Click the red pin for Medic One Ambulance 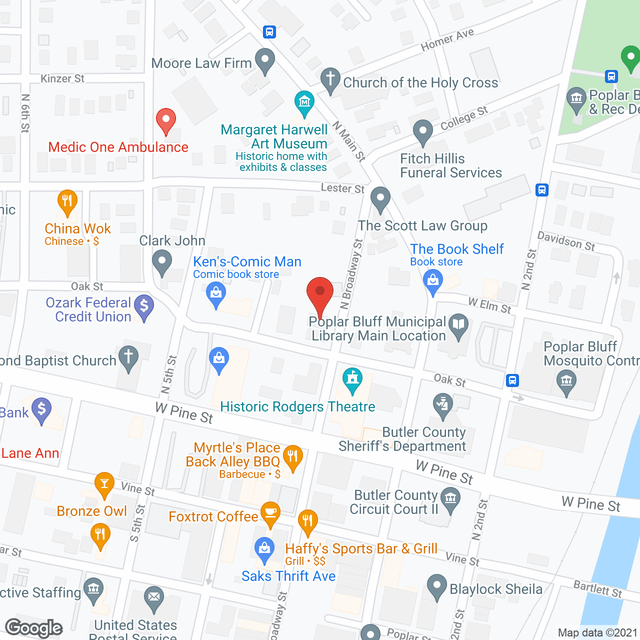pos(166,121)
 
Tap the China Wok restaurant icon pos(67,202)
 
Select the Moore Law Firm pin pos(264,60)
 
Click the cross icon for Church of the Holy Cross pos(330,80)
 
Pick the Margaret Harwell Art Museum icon pos(304,102)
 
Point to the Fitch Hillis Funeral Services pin pos(423,132)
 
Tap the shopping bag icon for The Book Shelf pos(433,281)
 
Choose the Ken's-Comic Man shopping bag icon pos(216,293)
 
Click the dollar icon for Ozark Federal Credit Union pos(144,306)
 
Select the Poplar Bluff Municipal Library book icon pos(458,325)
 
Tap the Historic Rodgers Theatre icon pos(352,380)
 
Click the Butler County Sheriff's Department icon pos(442,405)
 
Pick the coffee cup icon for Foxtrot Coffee pos(270,513)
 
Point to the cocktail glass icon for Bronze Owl pos(104,484)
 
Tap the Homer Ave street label pos(447,40)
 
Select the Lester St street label pos(342,188)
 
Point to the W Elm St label pos(489,305)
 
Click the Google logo pos(34,628)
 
